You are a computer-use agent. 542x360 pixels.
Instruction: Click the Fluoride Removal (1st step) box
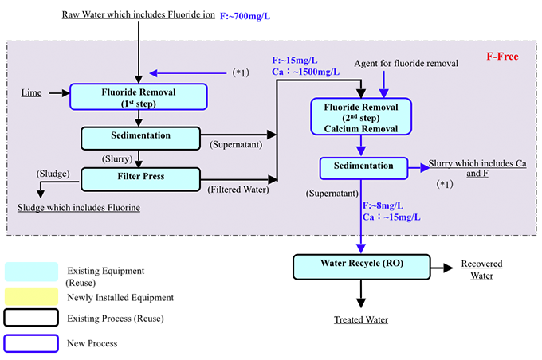tap(139, 96)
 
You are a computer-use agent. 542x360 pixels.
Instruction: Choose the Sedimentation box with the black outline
tap(139, 137)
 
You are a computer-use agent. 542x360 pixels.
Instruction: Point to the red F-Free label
tap(502, 57)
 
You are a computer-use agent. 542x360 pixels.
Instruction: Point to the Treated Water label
tap(361, 320)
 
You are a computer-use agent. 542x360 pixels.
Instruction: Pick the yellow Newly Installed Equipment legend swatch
tap(31, 296)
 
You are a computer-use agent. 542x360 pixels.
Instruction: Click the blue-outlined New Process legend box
tap(31, 342)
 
